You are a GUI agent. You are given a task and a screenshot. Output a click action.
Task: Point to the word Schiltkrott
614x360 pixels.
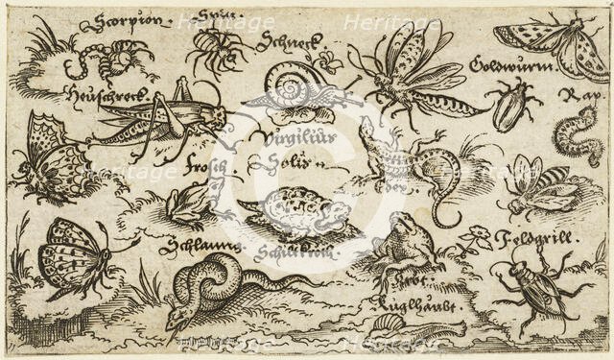(292, 252)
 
